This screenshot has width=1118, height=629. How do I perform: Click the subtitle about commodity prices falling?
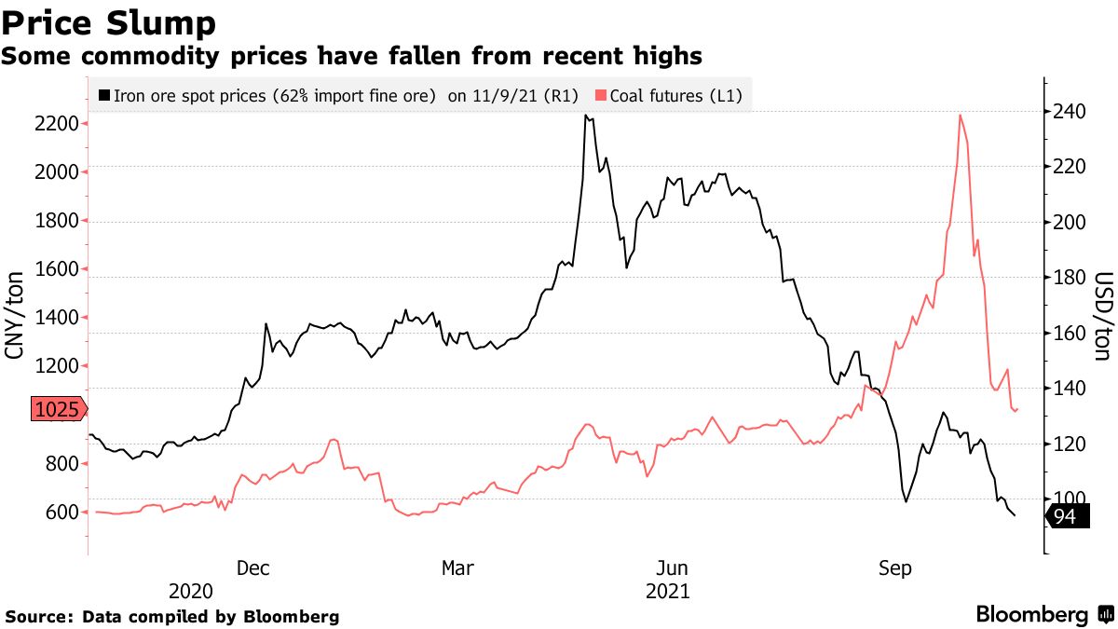point(351,57)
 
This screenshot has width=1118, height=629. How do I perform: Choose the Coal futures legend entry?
point(669,95)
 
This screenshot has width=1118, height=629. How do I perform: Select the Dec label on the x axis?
point(254,568)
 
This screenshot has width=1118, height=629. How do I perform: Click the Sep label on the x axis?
point(896,568)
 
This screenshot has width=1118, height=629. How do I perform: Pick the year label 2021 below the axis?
point(667,591)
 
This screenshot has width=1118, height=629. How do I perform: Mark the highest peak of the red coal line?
point(960,115)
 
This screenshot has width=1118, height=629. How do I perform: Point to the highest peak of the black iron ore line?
point(585,116)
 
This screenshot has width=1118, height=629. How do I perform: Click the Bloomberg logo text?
point(1031,615)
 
